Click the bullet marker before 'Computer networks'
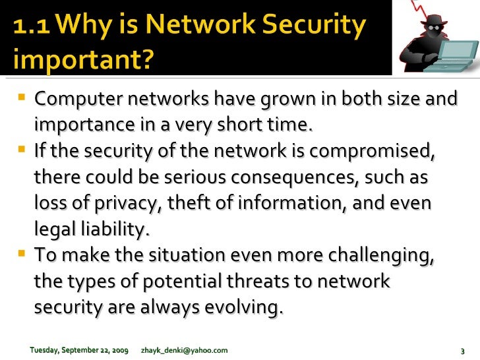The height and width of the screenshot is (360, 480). pos(23,100)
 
